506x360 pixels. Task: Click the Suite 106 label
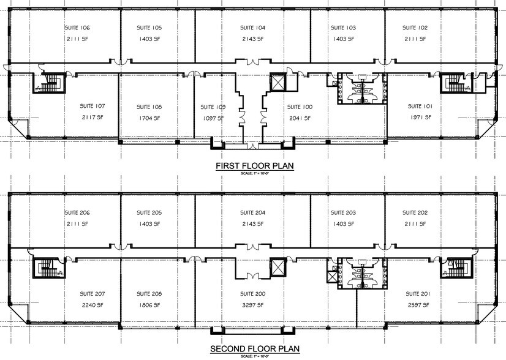[x=77, y=28]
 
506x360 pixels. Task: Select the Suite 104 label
[x=252, y=28]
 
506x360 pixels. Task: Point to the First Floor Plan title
[x=253, y=166]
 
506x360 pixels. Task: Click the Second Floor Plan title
[x=253, y=349]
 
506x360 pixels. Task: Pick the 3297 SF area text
[x=252, y=304]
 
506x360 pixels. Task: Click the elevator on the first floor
[x=277, y=83]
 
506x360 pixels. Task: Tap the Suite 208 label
[x=149, y=294]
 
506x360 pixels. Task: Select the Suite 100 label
[x=300, y=107]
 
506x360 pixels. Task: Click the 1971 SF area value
[x=421, y=118]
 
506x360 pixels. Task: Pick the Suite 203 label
[x=343, y=212]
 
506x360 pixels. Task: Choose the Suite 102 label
[x=415, y=28]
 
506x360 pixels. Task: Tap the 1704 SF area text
[x=149, y=118]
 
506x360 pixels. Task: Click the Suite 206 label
[x=77, y=212]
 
